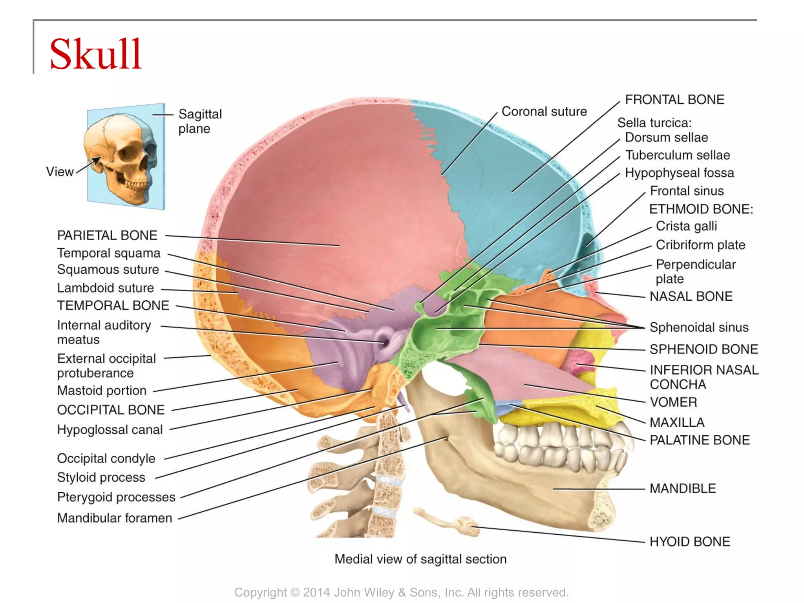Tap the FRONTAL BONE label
[674, 100]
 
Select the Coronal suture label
[544, 111]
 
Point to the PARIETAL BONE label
[107, 235]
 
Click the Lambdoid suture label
[105, 288]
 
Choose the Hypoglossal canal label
[110, 429]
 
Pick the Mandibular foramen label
[114, 518]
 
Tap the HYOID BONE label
[689, 542]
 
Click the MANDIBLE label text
[682, 488]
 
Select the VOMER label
[673, 402]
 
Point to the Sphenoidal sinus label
[699, 327]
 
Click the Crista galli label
[686, 226]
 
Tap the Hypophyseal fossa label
[679, 173]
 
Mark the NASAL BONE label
[691, 296]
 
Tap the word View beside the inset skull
[60, 172]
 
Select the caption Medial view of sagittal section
[420, 559]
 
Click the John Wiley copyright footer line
[401, 592]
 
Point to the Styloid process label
[101, 477]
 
